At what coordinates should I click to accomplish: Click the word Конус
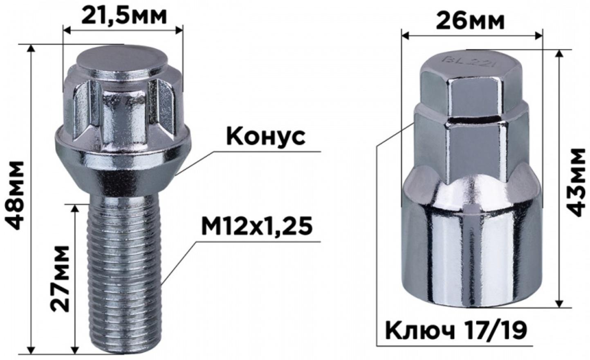(x=266, y=136)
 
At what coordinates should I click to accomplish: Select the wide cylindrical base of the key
(x=470, y=253)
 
